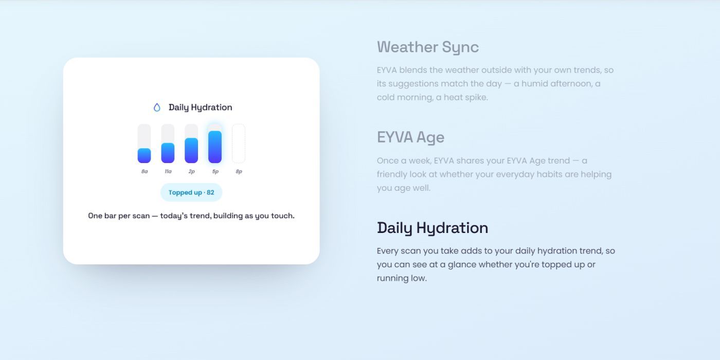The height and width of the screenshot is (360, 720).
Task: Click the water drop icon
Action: (157, 107)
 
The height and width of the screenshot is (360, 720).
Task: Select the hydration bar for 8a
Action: (145, 143)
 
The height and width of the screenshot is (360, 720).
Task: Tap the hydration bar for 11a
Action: (168, 143)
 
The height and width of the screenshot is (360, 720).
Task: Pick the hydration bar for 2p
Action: (191, 143)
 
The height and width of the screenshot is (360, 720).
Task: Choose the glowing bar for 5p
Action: (215, 143)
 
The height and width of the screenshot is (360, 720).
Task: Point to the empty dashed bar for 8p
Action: (239, 143)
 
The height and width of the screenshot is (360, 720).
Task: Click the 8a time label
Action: (145, 171)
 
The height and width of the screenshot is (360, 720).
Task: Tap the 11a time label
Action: (168, 171)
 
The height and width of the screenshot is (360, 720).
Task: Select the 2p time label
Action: (191, 172)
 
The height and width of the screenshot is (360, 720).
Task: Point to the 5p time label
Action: (215, 172)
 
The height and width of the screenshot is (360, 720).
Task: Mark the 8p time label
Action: (239, 172)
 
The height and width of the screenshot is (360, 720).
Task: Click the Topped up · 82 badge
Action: (191, 192)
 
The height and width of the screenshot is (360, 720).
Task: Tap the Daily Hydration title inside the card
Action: (200, 107)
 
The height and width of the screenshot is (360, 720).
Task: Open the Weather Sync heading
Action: (428, 47)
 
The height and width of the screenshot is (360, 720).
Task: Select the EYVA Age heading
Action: (410, 138)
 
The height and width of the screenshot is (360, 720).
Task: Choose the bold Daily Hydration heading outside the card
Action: (433, 228)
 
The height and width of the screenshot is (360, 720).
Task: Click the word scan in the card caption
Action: (141, 215)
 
